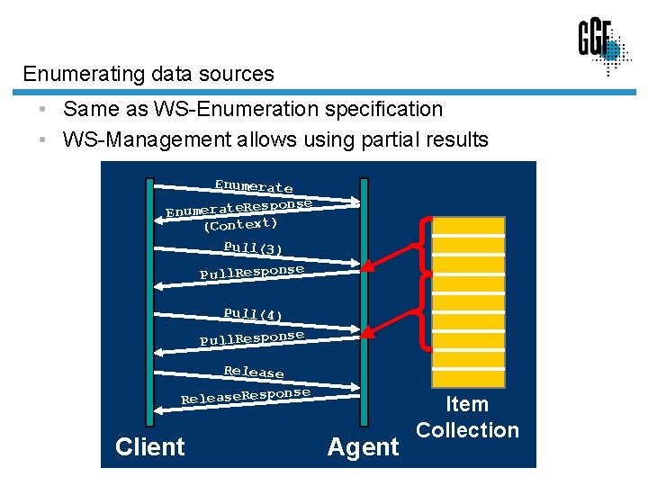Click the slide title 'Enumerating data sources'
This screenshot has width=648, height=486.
coord(148,74)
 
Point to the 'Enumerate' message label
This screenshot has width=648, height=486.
coord(253,186)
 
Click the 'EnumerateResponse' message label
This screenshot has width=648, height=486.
coord(238,208)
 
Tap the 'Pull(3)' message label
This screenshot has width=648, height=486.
coord(253,247)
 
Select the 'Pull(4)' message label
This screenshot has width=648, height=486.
coord(253,314)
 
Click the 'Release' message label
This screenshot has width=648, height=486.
coord(254,371)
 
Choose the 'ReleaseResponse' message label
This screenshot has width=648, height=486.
coord(246,395)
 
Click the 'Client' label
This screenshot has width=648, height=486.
coord(149,446)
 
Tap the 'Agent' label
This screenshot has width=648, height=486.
coord(363,446)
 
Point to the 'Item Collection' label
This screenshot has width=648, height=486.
coord(467,418)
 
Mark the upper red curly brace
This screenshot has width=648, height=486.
coord(420,247)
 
